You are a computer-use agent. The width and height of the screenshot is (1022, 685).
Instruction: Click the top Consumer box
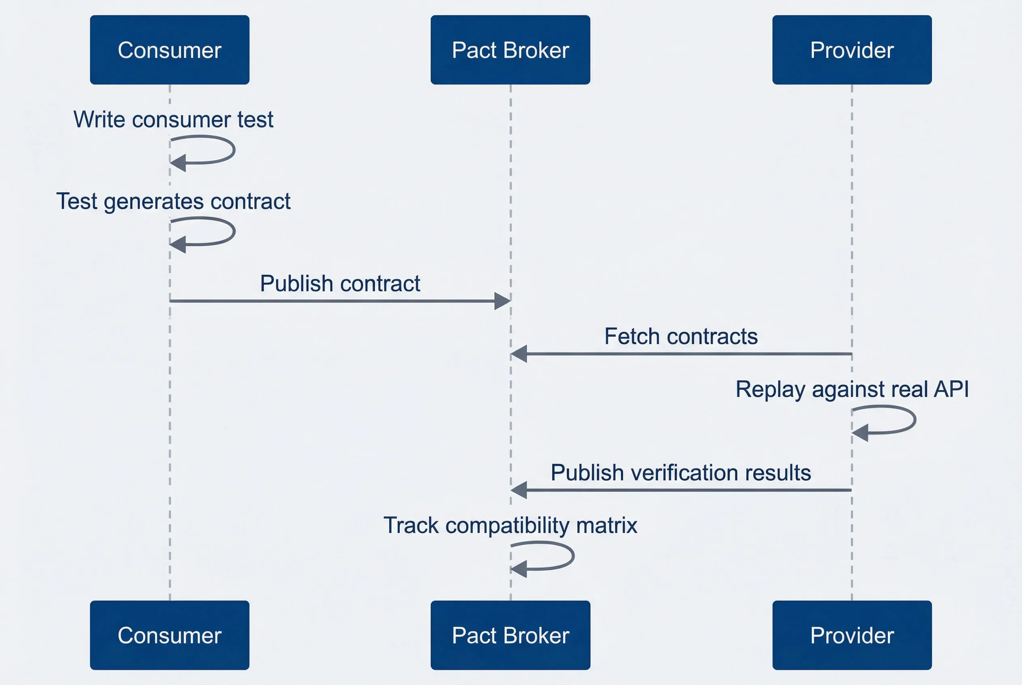(x=170, y=50)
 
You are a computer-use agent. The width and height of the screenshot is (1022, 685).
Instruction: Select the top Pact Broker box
(x=510, y=50)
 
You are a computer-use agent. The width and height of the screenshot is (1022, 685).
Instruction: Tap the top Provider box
(x=851, y=50)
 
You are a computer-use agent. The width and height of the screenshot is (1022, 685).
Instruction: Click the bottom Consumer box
(x=170, y=635)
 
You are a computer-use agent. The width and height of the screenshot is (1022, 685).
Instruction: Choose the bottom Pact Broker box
(x=510, y=635)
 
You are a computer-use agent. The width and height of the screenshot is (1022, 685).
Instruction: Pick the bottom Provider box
(x=851, y=635)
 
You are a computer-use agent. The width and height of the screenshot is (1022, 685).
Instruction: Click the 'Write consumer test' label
(x=173, y=120)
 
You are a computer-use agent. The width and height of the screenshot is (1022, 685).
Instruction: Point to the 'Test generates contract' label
(x=173, y=202)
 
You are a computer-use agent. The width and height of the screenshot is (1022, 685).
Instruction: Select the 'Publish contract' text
(x=340, y=284)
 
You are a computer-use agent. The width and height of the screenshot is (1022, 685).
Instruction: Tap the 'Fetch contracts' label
(x=681, y=336)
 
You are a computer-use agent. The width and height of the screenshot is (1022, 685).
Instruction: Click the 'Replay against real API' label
(x=852, y=389)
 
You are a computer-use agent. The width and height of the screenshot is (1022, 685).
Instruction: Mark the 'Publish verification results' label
(x=681, y=473)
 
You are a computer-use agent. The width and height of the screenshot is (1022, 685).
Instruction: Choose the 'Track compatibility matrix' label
(x=510, y=525)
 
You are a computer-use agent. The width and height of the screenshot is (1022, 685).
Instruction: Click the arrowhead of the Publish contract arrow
(x=503, y=301)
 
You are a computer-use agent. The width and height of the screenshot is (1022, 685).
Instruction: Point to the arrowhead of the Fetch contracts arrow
(x=519, y=354)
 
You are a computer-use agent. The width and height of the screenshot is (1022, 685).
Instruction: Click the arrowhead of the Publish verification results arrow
(x=519, y=490)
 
